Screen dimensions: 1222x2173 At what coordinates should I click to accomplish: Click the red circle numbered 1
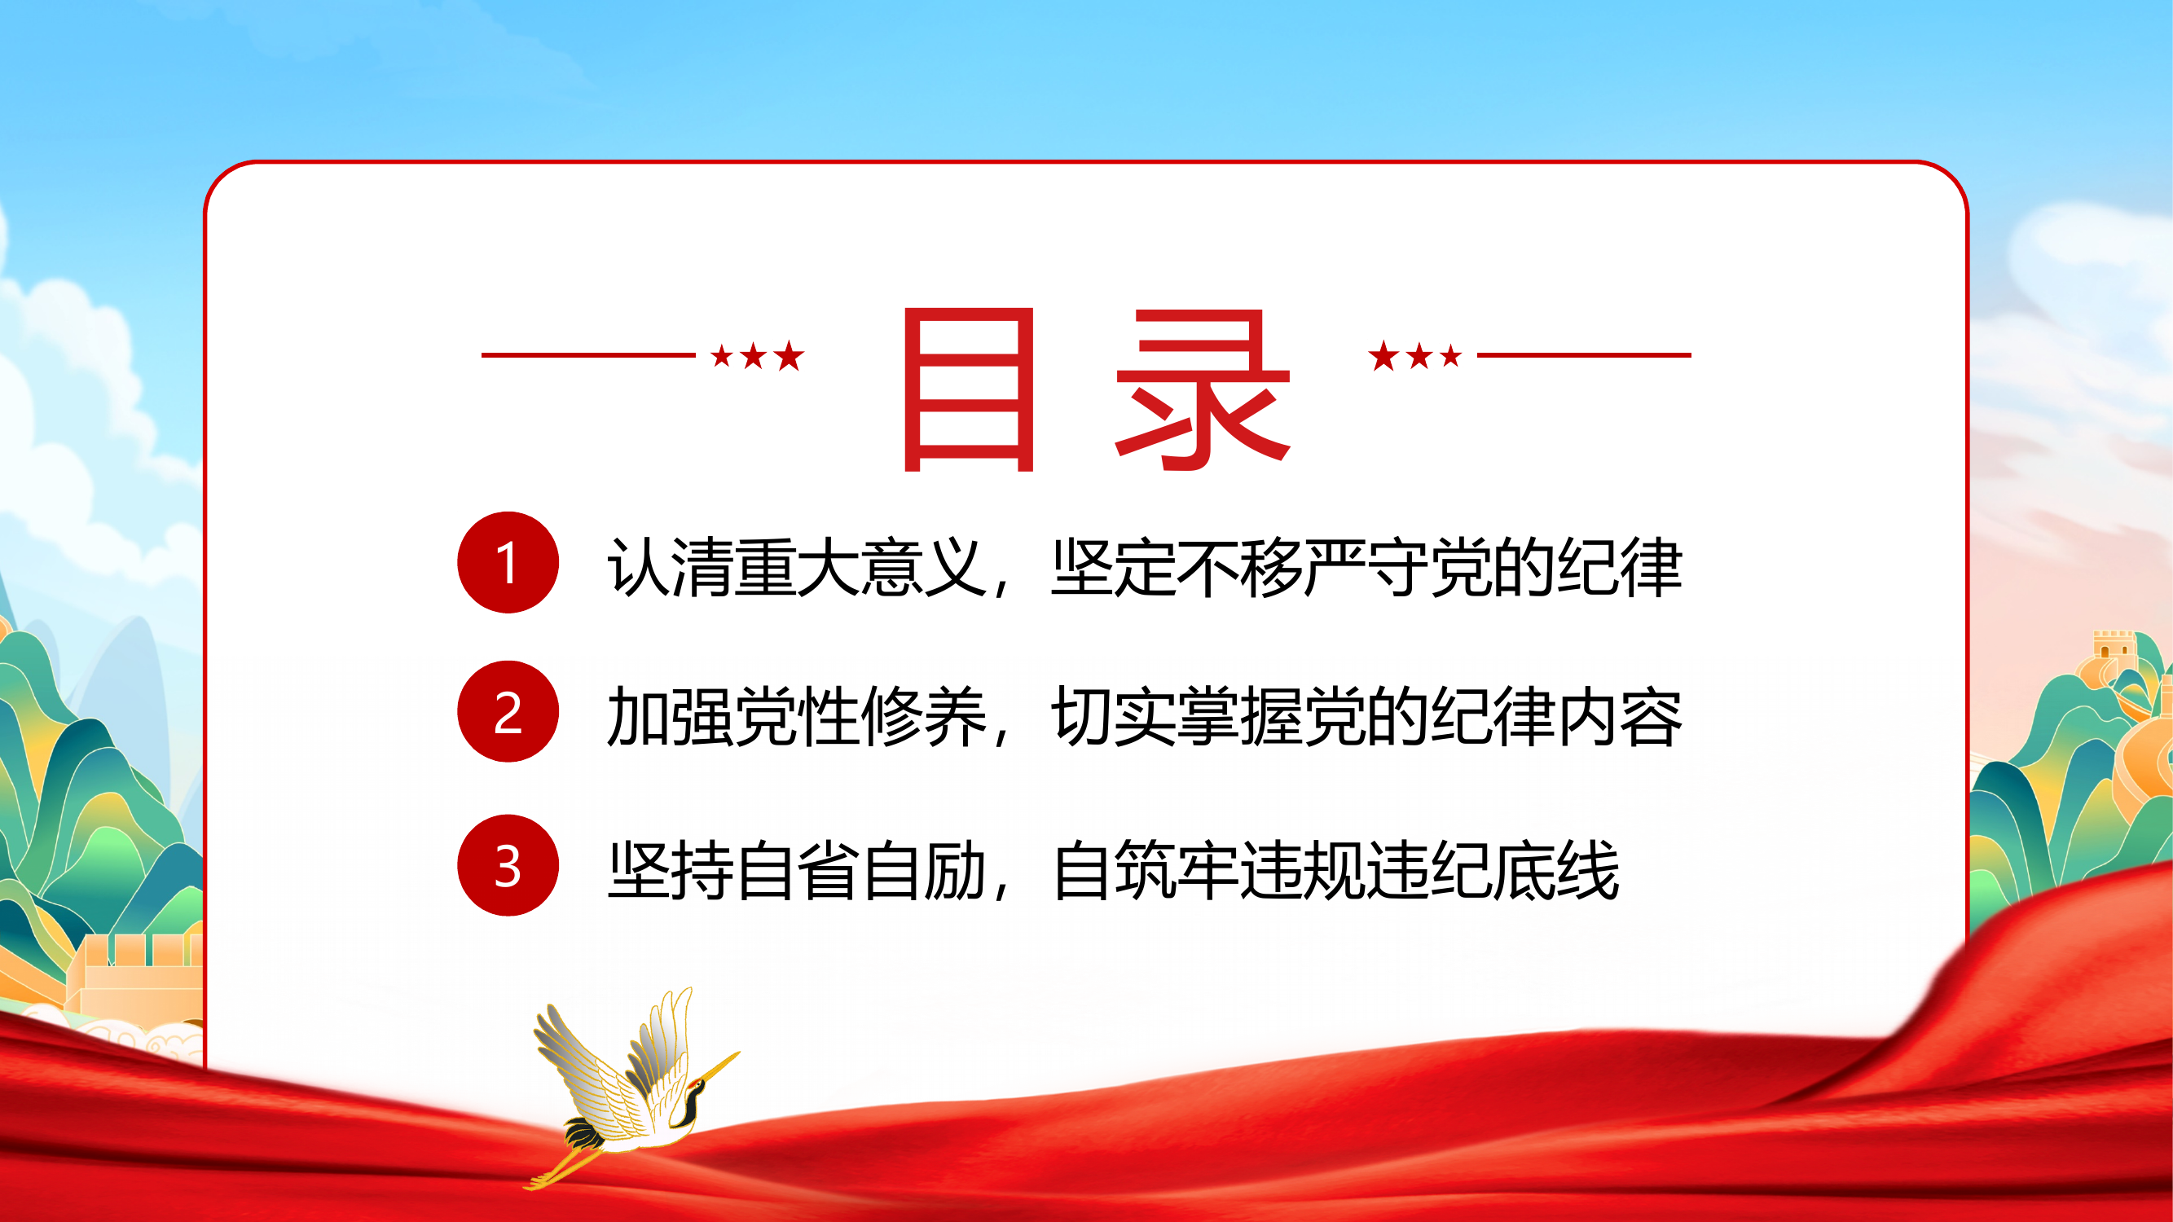[x=508, y=562]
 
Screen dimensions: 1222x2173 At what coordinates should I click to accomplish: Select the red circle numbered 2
[x=508, y=712]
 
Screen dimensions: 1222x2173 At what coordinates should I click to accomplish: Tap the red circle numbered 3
[x=508, y=865]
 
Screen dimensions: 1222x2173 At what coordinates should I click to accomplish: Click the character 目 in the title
[x=969, y=389]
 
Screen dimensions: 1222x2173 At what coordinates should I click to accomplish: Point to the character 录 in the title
[x=1203, y=389]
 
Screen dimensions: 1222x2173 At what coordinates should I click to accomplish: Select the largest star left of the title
[x=790, y=356]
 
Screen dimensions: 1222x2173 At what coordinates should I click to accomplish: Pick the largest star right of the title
[x=1383, y=356]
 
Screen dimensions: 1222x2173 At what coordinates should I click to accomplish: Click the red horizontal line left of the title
[x=588, y=355]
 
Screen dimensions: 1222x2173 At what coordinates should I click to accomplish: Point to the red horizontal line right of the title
[x=1583, y=355]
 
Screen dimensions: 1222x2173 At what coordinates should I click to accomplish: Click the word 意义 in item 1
[x=925, y=568]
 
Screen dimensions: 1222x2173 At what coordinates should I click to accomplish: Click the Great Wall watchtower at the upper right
[x=2113, y=648]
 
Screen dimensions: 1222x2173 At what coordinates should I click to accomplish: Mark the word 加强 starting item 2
[x=670, y=717]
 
